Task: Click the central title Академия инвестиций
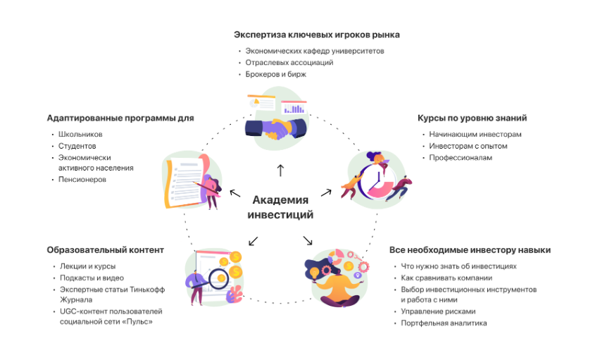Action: pyautogui.click(x=280, y=207)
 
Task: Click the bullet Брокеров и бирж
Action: pyautogui.click(x=275, y=74)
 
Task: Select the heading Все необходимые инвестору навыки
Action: pyautogui.click(x=470, y=250)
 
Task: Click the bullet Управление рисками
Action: pyautogui.click(x=438, y=311)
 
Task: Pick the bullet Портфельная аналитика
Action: pyautogui.click(x=444, y=323)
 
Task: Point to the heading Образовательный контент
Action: pyautogui.click(x=106, y=250)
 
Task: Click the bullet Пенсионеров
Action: pyautogui.click(x=82, y=180)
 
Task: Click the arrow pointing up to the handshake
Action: pyautogui.click(x=280, y=170)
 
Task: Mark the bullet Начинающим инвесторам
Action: pyautogui.click(x=475, y=135)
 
